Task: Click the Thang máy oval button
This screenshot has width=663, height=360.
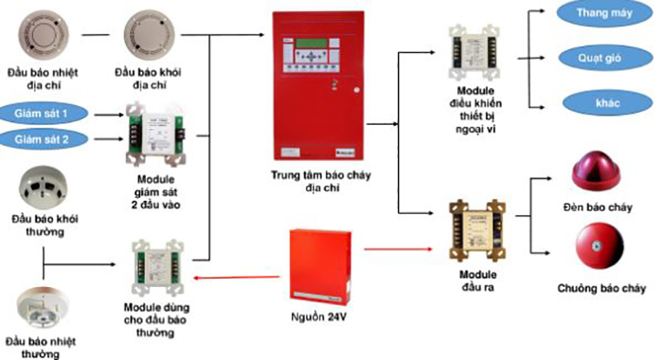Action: (599, 14)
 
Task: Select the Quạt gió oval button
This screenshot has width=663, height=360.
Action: (599, 57)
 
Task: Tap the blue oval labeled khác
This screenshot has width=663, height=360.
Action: (599, 101)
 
